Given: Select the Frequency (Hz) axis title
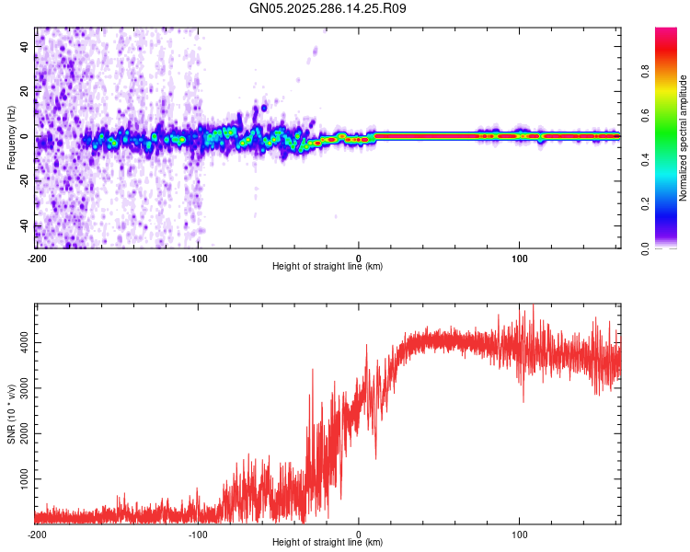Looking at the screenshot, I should point(10,138).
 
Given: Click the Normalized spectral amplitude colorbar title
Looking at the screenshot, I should point(684,138).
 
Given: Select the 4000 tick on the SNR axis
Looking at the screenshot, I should point(20,343).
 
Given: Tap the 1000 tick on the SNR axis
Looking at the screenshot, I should point(20,479).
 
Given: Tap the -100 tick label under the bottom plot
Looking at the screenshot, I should point(198,534).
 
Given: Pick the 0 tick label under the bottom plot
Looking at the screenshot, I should point(360,534).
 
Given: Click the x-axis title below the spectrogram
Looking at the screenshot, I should point(328,267).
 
